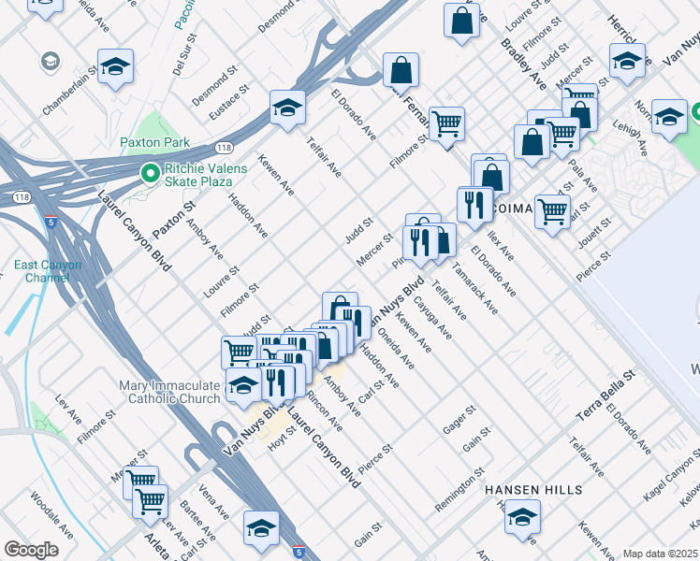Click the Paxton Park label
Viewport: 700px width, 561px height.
pyautogui.click(x=154, y=143)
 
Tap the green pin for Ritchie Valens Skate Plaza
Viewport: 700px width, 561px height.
pyautogui.click(x=148, y=173)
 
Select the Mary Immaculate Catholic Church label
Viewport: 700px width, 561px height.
pyautogui.click(x=169, y=393)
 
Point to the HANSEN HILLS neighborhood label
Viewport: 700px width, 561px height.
pyautogui.click(x=533, y=489)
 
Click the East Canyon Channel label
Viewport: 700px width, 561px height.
pyautogui.click(x=48, y=272)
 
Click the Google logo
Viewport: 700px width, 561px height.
pyautogui.click(x=32, y=550)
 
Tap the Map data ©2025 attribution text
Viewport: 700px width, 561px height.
pyautogui.click(x=660, y=554)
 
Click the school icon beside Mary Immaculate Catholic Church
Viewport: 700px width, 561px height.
pyautogui.click(x=243, y=385)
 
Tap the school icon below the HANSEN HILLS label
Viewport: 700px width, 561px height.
pyautogui.click(x=522, y=515)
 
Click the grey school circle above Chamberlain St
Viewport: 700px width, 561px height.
pyautogui.click(x=49, y=63)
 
